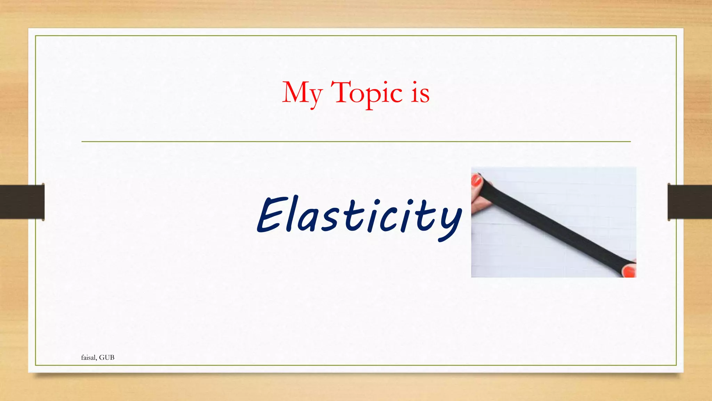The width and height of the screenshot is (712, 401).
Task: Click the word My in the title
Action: (x=302, y=93)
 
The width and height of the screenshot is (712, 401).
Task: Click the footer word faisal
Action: (x=89, y=357)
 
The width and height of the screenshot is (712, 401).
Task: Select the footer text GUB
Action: (x=107, y=357)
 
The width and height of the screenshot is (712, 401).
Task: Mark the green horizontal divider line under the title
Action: (x=356, y=142)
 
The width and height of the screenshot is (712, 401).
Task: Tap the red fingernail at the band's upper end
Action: (x=476, y=180)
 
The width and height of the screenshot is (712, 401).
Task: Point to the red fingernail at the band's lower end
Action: (x=629, y=271)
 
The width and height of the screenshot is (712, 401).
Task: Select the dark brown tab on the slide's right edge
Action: (x=689, y=202)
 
